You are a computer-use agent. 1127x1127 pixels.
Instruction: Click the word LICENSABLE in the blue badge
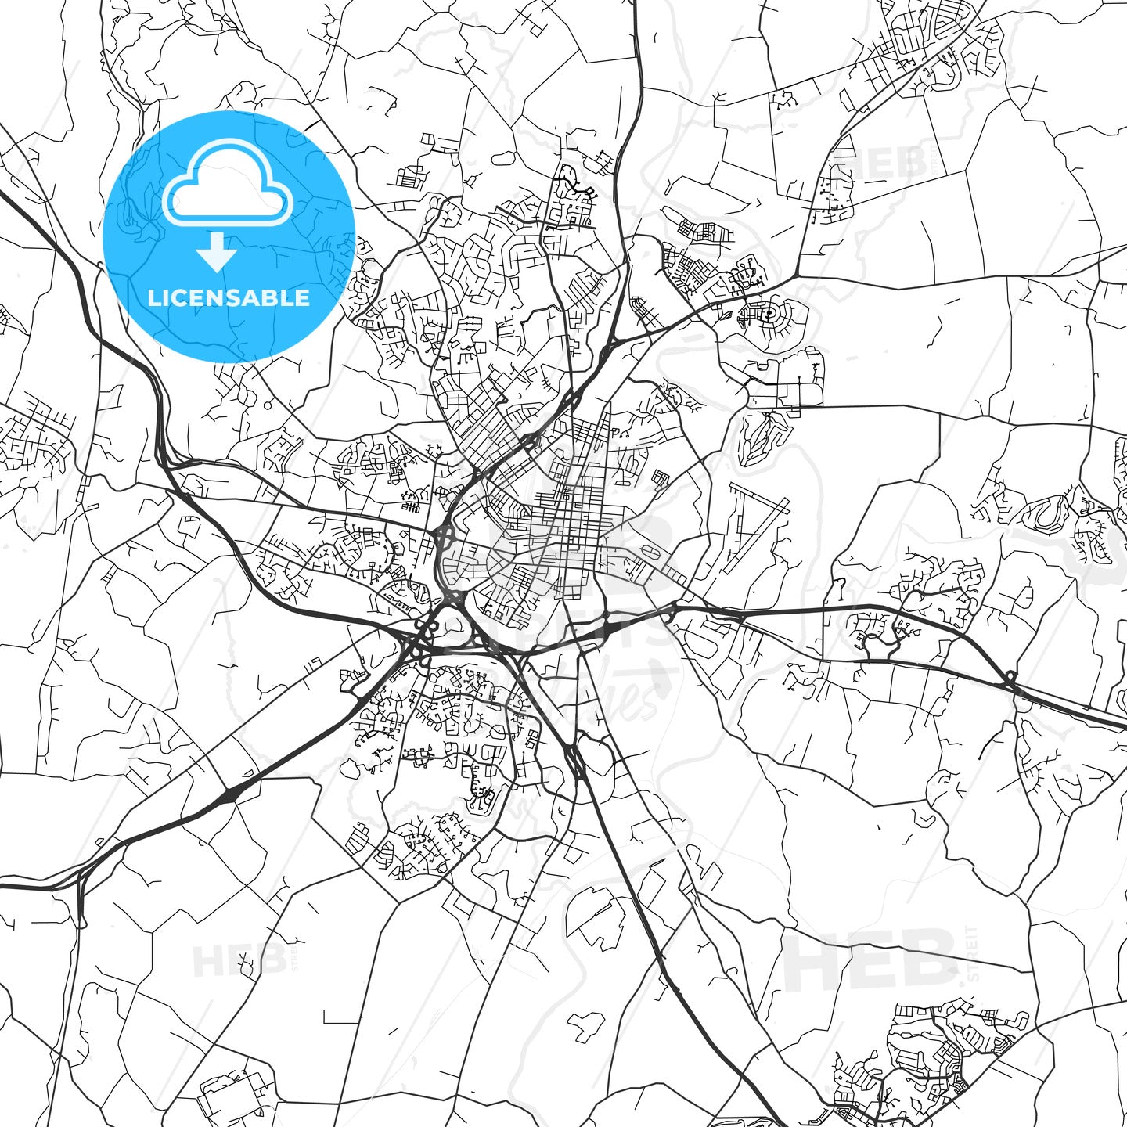[x=229, y=297]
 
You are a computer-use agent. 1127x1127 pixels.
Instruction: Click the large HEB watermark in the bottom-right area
[x=869, y=960]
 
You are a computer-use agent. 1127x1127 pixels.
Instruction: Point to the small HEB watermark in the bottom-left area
[x=239, y=961]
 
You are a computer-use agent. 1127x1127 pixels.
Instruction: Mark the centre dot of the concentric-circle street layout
[x=769, y=314]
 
